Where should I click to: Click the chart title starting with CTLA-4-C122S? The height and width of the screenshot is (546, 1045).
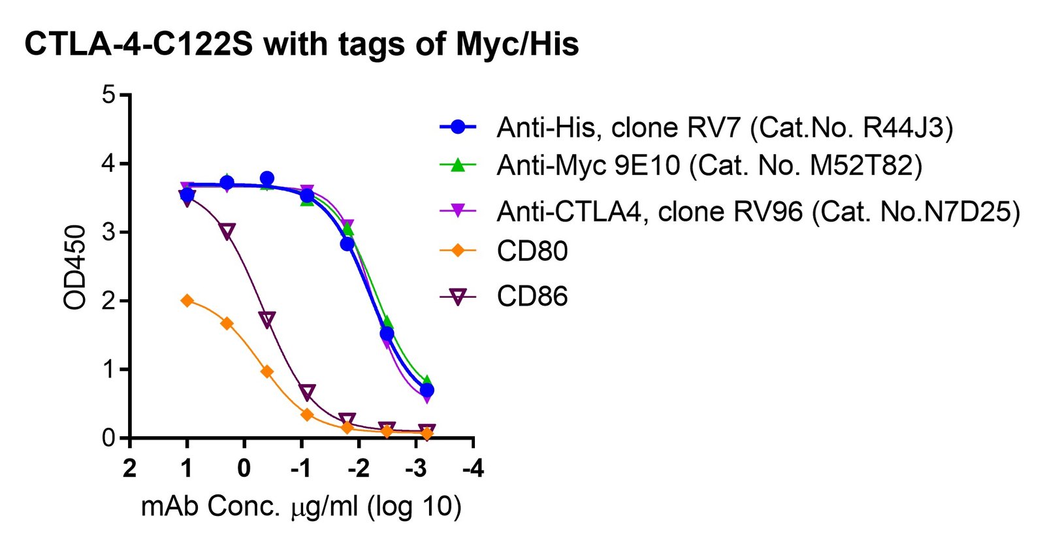click(301, 45)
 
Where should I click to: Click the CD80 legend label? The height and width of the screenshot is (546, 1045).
click(532, 251)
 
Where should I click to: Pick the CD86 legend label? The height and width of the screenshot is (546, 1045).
click(532, 296)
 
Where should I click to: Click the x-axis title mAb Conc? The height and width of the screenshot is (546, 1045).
click(301, 506)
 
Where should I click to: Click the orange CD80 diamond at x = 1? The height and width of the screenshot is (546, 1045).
click(187, 300)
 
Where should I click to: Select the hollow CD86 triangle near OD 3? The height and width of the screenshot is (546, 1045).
click(227, 231)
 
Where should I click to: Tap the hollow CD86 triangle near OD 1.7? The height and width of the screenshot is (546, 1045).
click(267, 319)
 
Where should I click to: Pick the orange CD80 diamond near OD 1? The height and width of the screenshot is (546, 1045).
click(267, 372)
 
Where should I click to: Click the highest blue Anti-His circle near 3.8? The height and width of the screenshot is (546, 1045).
click(267, 178)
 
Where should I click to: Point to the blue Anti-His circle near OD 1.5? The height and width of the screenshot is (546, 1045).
click(387, 334)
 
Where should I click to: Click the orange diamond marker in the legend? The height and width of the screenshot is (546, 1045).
click(458, 251)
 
